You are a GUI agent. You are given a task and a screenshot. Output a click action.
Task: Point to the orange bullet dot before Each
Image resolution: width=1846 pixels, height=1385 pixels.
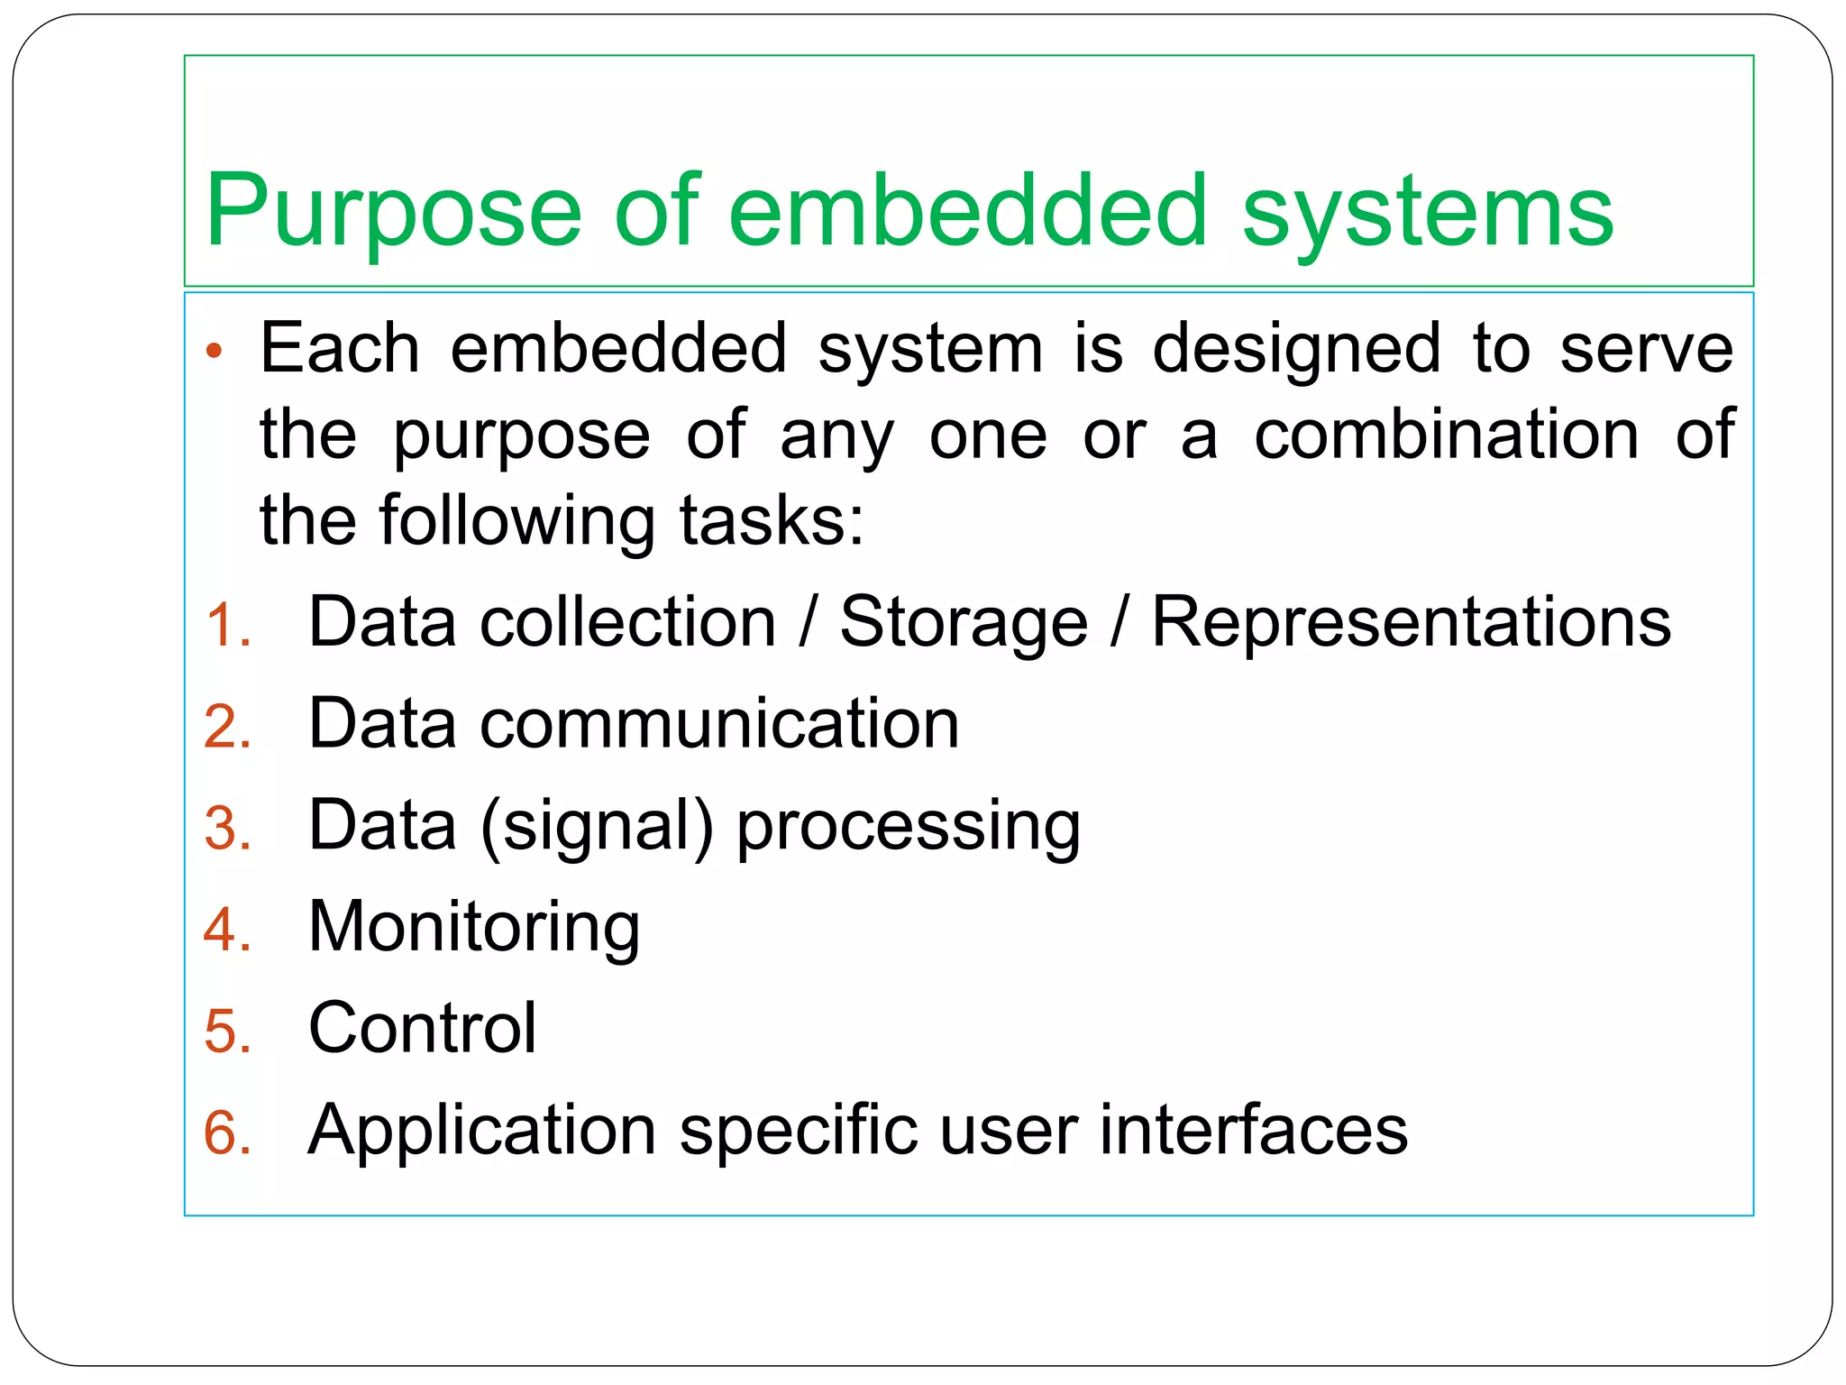[x=214, y=351]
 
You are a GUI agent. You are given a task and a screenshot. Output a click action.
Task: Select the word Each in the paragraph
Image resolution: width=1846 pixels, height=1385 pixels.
[x=340, y=348]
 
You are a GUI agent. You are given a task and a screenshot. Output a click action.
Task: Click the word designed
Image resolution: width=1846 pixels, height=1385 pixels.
[x=1297, y=350]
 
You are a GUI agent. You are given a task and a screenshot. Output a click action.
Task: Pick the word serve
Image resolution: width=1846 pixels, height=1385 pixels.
[x=1646, y=348]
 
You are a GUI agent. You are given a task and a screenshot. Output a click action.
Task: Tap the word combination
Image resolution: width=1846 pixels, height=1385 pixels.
[x=1447, y=435]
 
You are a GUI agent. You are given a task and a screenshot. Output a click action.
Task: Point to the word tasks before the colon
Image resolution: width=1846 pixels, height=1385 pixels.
[x=763, y=521]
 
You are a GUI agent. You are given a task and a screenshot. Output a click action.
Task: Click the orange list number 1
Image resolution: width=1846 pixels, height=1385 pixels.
[x=226, y=625]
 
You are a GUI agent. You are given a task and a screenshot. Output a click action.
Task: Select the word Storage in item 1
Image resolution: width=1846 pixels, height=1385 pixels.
[x=964, y=623]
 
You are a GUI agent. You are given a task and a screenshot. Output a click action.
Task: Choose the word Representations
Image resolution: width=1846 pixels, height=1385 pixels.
[x=1411, y=623]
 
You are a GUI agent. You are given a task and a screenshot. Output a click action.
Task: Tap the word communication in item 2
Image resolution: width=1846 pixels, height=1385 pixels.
[x=719, y=724]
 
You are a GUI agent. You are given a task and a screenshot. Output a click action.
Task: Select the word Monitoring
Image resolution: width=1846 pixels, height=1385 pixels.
[x=474, y=928]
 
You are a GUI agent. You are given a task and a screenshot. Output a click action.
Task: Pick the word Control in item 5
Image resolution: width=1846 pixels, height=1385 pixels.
[x=422, y=1028]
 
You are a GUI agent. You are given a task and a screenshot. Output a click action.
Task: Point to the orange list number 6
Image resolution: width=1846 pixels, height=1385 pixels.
[x=226, y=1133]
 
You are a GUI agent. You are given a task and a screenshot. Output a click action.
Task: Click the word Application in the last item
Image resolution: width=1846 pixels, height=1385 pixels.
[x=481, y=1131]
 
